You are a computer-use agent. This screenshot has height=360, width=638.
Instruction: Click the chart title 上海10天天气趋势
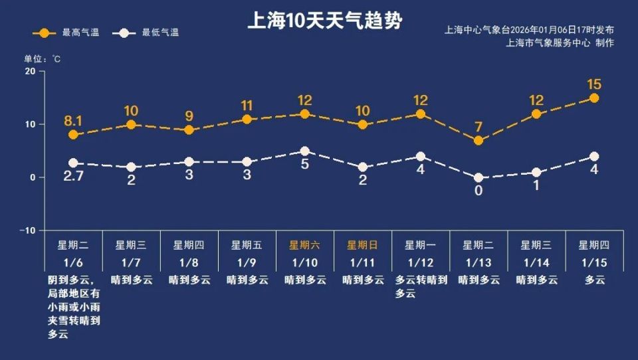point(324,21)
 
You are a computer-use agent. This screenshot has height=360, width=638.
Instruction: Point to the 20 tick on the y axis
point(30,71)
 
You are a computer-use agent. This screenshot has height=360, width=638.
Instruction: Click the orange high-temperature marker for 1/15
point(594,98)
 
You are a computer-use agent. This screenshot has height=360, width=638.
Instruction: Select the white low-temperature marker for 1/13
point(478,177)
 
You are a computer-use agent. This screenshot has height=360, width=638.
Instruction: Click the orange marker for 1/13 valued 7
point(478,140)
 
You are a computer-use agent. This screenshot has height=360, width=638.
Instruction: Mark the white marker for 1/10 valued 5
point(304,151)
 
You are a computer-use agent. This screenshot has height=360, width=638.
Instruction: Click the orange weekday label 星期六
point(305,244)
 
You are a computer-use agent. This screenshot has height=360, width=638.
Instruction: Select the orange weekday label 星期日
point(363,244)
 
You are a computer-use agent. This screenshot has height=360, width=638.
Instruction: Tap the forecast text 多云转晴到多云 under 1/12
point(421,286)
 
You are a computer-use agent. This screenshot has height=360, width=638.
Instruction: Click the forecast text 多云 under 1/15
point(595,280)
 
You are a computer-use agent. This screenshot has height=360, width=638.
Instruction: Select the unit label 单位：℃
point(43,59)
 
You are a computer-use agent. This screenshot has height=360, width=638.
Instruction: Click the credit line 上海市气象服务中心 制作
point(560,43)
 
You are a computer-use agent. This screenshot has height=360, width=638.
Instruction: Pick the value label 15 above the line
point(594,84)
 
